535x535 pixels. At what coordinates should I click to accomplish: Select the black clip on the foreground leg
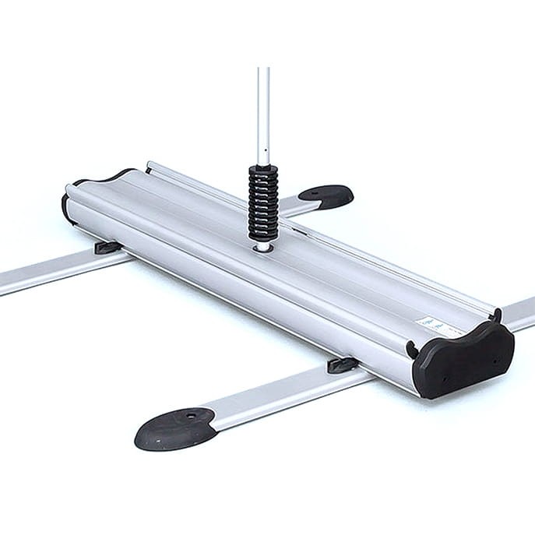coord(343,364)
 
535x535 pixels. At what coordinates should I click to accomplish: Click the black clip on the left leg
coord(107,248)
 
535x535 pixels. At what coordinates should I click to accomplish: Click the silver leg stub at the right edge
coord(519,311)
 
